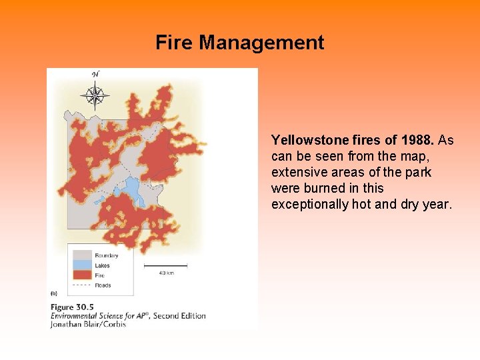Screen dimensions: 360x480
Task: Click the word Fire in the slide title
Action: [x=175, y=43]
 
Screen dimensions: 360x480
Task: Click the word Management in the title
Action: [x=261, y=43]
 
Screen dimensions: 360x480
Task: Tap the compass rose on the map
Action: [x=95, y=95]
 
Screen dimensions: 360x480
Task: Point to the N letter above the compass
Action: [x=95, y=74]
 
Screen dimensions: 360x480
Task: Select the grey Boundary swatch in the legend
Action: [x=82, y=255]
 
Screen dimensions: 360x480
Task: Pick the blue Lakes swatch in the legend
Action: [x=82, y=265]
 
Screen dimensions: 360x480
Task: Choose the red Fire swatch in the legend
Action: [x=82, y=275]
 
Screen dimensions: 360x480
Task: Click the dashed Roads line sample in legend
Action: [x=82, y=285]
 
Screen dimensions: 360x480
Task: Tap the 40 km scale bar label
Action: [x=165, y=273]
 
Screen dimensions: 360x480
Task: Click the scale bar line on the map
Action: [x=165, y=266]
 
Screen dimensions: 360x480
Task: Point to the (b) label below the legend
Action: [x=54, y=293]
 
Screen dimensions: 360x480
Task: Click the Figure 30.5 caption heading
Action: [x=72, y=307]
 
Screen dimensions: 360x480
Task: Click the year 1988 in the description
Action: [x=417, y=141]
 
